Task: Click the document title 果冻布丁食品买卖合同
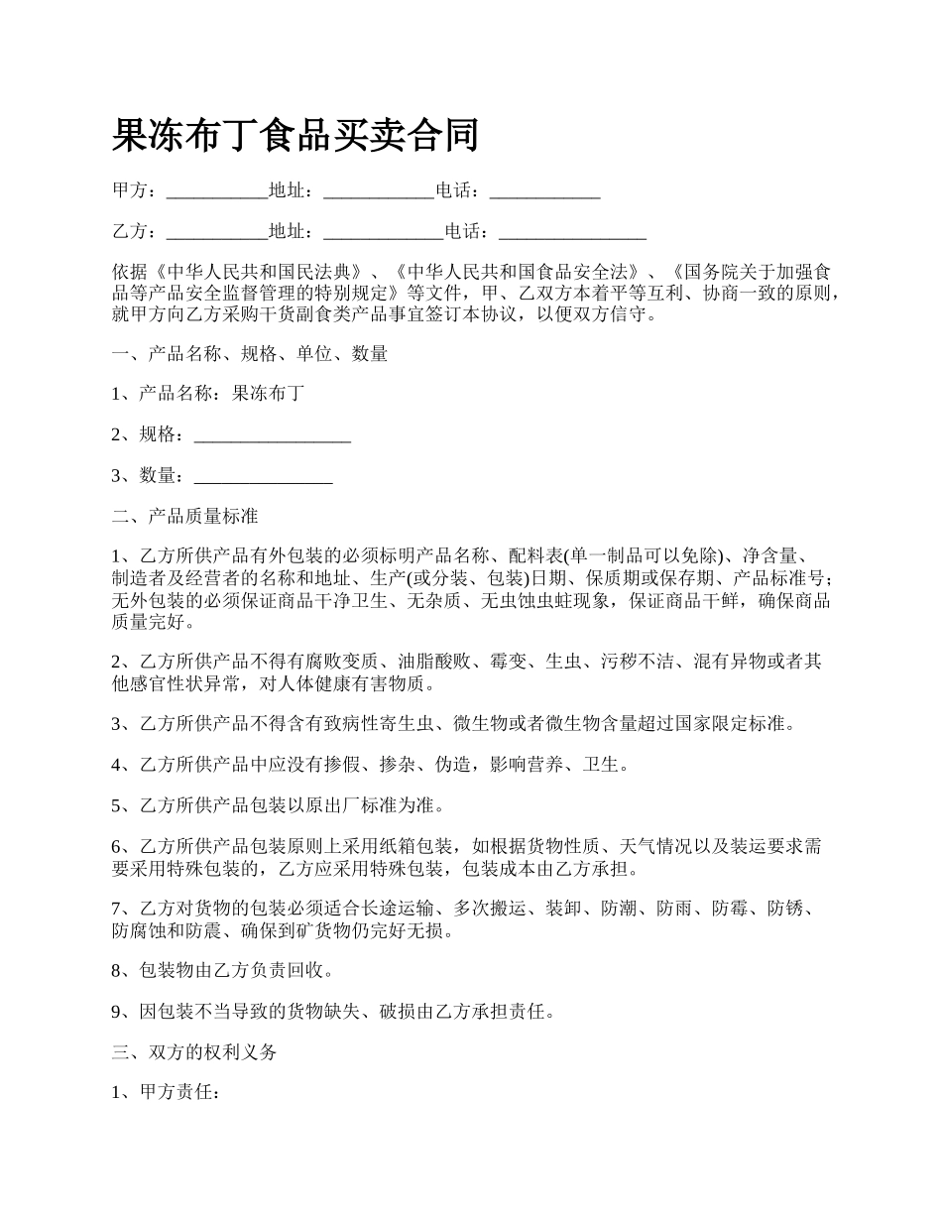pyautogui.click(x=295, y=136)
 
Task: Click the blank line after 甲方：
pyautogui.click(x=217, y=191)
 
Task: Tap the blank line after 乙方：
pyautogui.click(x=217, y=232)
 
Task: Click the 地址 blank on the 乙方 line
pyautogui.click(x=384, y=232)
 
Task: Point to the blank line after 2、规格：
pyautogui.click(x=272, y=434)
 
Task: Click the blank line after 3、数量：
pyautogui.click(x=263, y=476)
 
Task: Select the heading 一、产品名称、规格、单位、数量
pyautogui.click(x=250, y=353)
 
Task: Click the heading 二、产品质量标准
pyautogui.click(x=185, y=517)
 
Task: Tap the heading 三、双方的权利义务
pyautogui.click(x=194, y=1052)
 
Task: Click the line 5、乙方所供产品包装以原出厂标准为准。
pyautogui.click(x=278, y=804)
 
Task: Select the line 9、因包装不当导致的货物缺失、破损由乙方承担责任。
pyautogui.click(x=333, y=1012)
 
